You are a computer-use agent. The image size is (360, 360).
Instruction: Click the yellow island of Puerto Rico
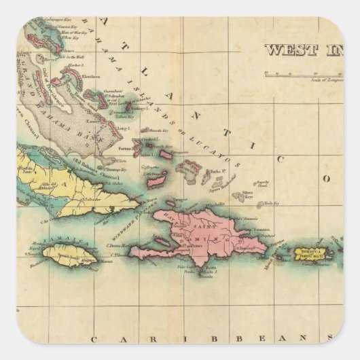click(315, 252)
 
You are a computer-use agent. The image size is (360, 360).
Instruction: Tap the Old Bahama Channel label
click(88, 160)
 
